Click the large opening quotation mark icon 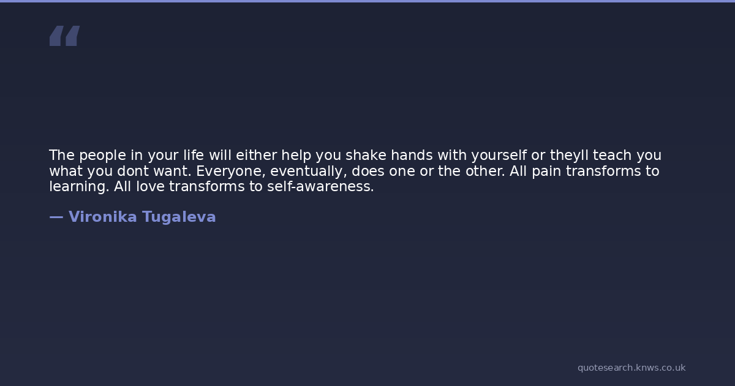[x=65, y=36]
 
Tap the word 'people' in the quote [x=102, y=156]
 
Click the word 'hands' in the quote [x=412, y=155]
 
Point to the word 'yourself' [x=499, y=156]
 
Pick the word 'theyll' [x=569, y=156]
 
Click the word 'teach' [x=612, y=155]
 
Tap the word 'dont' [x=132, y=171]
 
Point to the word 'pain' [x=546, y=172]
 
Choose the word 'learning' [x=79, y=187]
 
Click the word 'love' [x=150, y=186]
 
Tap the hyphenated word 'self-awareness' [x=320, y=186]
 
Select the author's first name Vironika [x=103, y=217]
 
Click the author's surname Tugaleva [x=179, y=218]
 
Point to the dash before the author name [x=56, y=217]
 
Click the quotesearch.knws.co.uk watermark [x=631, y=368]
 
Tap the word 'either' [x=256, y=155]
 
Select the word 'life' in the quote [x=194, y=155]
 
